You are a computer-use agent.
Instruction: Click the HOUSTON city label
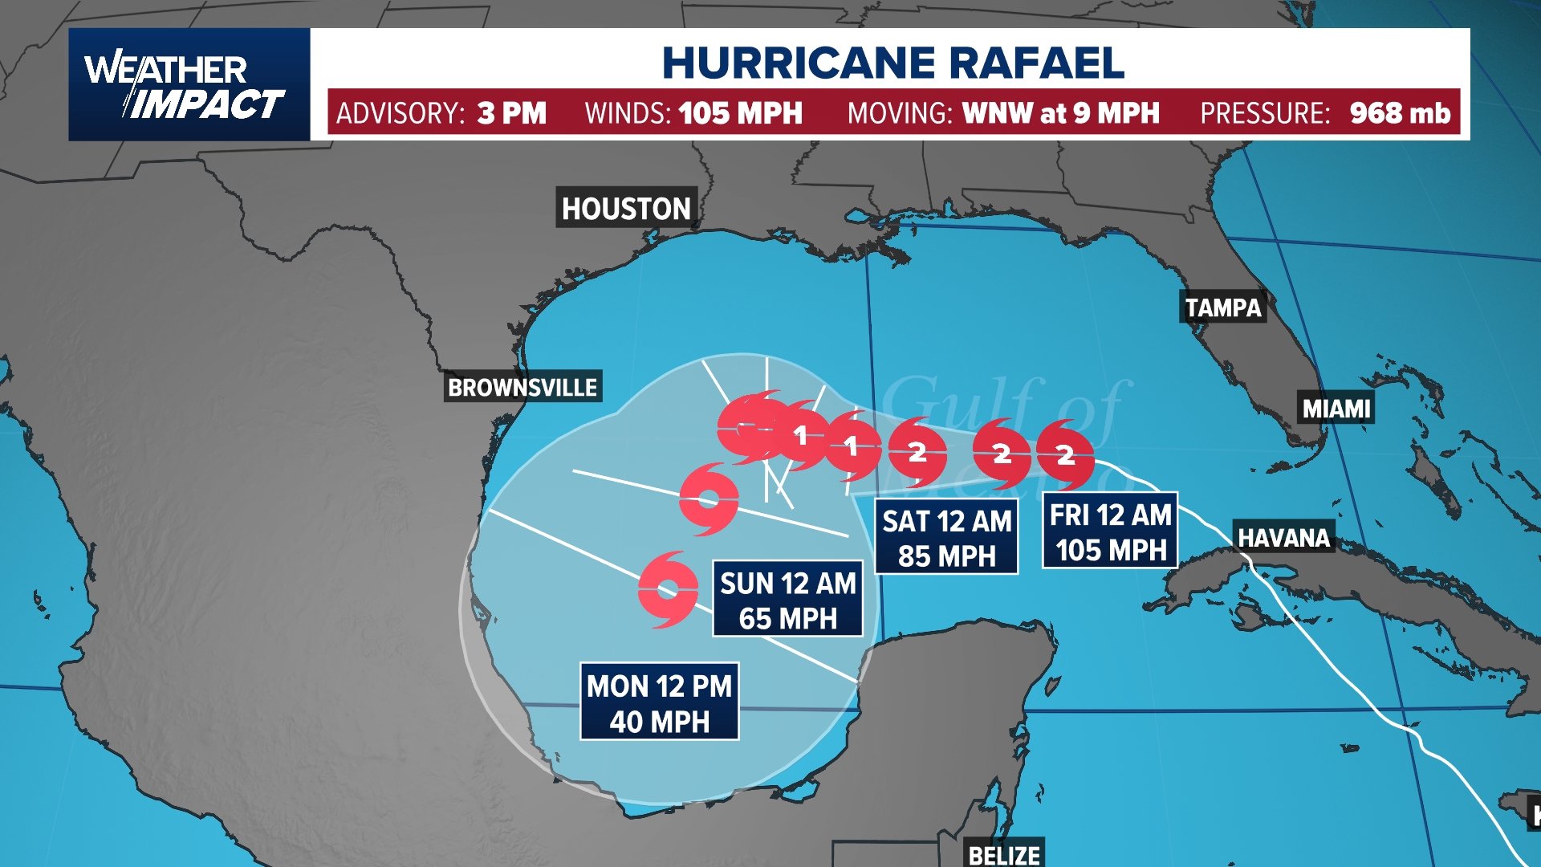(626, 209)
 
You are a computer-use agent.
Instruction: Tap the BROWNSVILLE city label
(522, 388)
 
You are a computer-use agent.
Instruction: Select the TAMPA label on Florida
(1223, 307)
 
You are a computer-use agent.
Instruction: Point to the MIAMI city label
(1336, 409)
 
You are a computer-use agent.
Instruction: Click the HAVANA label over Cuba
(1283, 537)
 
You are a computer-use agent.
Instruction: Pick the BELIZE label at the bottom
(1004, 855)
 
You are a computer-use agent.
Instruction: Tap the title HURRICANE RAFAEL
(892, 63)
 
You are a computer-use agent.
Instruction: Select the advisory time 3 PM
(511, 113)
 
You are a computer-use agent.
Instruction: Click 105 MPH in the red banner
(740, 113)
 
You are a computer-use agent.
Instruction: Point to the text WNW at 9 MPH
(1060, 113)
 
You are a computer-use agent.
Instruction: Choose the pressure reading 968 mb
(1400, 113)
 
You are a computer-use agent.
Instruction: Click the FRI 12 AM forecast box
(1110, 531)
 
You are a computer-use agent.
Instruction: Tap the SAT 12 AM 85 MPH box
(946, 538)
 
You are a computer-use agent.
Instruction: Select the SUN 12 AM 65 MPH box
(787, 600)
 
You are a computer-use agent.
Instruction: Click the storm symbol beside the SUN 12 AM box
(668, 590)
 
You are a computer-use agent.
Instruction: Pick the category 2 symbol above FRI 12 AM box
(1065, 455)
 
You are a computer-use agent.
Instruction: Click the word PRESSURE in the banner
(1264, 113)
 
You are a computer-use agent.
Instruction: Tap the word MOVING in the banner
(899, 113)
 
